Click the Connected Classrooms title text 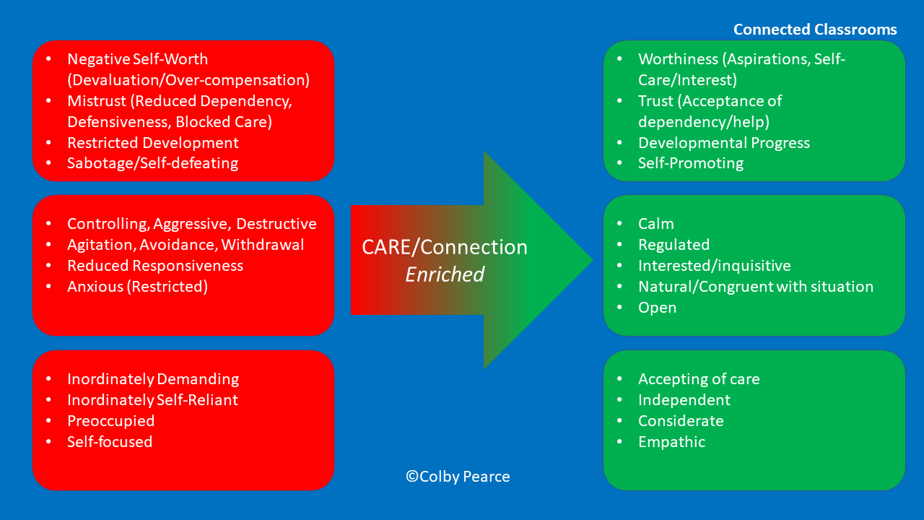[x=815, y=30]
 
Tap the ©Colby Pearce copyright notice [x=458, y=477]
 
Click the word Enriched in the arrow [x=445, y=274]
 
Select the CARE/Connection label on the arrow [x=445, y=248]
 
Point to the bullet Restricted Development [x=153, y=142]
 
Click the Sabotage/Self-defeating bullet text [x=152, y=163]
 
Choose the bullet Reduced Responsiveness [x=155, y=266]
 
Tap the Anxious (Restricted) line [x=137, y=287]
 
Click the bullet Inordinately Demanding [x=153, y=379]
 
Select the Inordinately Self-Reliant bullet [x=152, y=400]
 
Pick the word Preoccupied [x=111, y=421]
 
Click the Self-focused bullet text [x=110, y=442]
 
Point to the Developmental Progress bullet [x=724, y=142]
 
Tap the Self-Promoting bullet [x=691, y=163]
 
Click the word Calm [x=656, y=224]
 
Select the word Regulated [x=674, y=245]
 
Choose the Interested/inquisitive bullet [x=715, y=266]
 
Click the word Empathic [x=672, y=442]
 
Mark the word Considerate [x=681, y=421]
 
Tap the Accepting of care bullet [x=699, y=379]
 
